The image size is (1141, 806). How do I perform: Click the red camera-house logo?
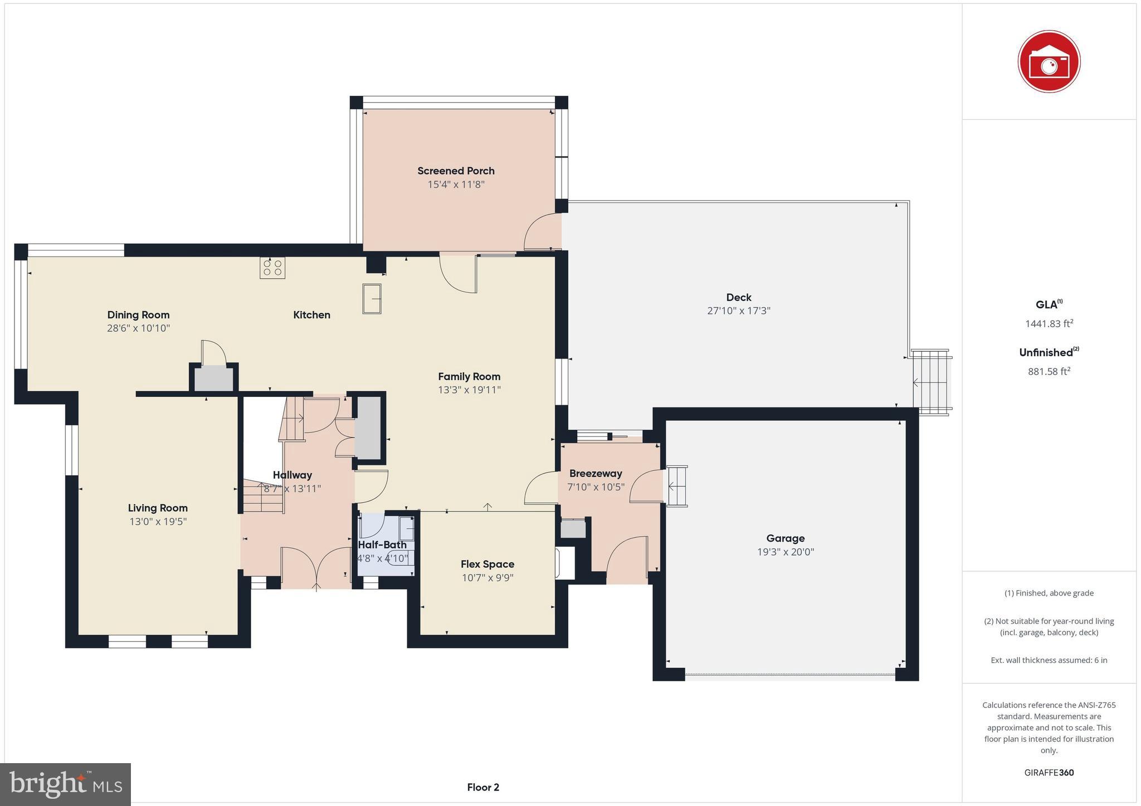[x=1049, y=61]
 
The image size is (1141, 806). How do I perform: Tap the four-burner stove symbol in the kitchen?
[x=272, y=268]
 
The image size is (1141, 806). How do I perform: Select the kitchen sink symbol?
[x=372, y=299]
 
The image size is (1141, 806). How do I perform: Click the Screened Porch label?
[x=456, y=171]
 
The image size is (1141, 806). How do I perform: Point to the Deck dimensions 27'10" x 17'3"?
[x=738, y=311]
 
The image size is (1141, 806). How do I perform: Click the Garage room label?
[x=785, y=538]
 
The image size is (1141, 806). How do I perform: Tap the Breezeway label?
[x=595, y=474]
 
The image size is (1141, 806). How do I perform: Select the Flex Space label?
[x=487, y=564]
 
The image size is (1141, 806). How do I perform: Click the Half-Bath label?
[x=382, y=545]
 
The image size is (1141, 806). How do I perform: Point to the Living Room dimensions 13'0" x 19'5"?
[x=158, y=522]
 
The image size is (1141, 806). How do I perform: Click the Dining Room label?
[x=138, y=315]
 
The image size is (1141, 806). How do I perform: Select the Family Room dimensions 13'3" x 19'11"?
[x=469, y=390]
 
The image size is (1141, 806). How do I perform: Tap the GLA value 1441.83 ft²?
[x=1049, y=323]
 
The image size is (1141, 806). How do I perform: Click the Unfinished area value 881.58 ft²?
[x=1049, y=371]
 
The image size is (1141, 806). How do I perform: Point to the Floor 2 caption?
[x=483, y=787]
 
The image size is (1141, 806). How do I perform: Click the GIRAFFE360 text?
[x=1049, y=773]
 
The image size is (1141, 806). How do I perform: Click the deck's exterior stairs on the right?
[x=931, y=382]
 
